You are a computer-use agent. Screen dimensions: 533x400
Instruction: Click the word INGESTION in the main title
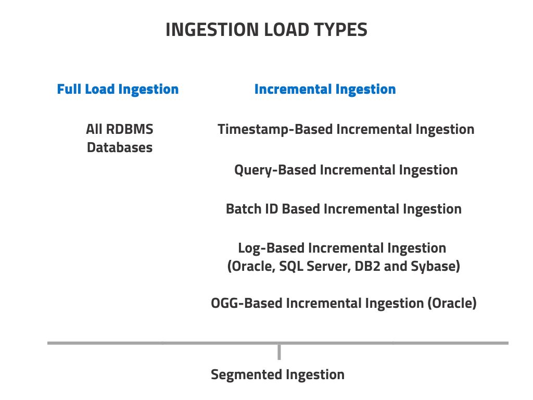212,30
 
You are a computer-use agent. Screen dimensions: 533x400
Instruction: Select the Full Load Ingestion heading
118,89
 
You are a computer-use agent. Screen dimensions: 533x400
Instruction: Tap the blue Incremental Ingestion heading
325,89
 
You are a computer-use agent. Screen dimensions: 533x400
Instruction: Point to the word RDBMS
130,129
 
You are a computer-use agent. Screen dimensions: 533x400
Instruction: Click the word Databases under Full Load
120,147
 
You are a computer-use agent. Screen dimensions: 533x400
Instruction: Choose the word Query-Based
275,170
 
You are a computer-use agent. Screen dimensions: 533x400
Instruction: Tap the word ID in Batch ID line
272,209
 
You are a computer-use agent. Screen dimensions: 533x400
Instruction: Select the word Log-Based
271,248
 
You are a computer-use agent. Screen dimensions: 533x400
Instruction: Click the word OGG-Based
246,304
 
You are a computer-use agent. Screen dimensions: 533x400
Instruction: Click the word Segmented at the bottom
246,375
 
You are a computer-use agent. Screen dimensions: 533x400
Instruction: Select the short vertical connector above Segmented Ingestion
279,352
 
